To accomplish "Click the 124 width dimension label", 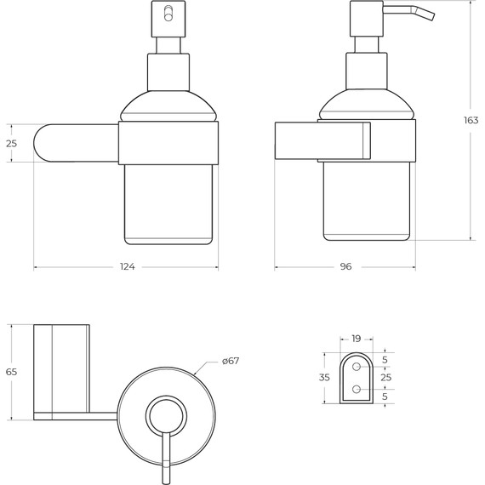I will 127,267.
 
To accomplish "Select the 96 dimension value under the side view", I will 345,267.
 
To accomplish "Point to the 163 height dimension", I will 471,121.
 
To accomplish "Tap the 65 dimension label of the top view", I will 11,372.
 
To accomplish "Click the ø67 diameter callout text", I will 231,361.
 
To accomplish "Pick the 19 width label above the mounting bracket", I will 357,339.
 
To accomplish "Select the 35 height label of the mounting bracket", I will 324,377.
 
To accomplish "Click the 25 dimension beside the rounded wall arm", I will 11,144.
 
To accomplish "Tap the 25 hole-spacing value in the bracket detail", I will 385,377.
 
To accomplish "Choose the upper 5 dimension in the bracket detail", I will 385,360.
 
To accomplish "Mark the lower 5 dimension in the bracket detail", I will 385,397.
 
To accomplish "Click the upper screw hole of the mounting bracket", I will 357,367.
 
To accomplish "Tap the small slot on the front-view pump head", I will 168,12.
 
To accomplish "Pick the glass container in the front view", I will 168,204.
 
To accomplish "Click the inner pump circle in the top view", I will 166,417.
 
